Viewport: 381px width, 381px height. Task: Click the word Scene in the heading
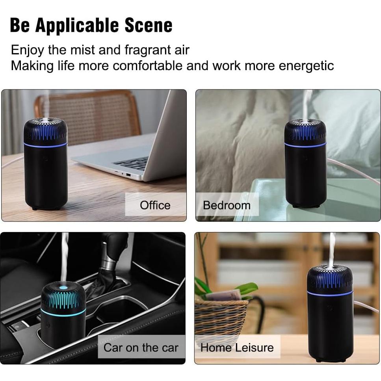click(149, 25)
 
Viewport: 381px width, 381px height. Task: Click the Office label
click(155, 205)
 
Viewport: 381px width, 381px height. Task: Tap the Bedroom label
click(227, 205)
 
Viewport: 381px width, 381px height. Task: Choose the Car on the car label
click(141, 348)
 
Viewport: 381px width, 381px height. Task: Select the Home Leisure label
click(237, 348)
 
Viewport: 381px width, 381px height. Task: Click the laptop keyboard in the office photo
click(132, 162)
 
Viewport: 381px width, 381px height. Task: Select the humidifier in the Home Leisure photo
click(330, 311)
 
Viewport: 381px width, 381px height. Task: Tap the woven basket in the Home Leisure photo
click(221, 315)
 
